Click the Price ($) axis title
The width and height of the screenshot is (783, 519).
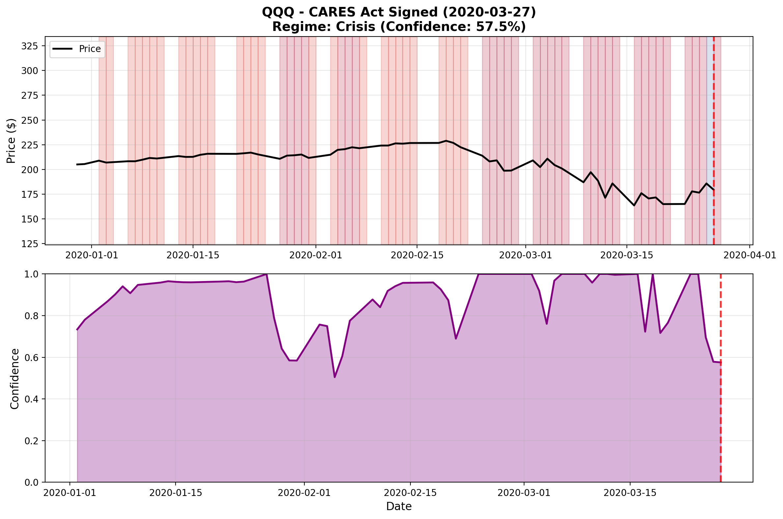[x=11, y=141]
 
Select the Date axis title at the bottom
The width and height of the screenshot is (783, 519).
[x=399, y=506]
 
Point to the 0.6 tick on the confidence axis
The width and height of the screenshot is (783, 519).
[x=32, y=357]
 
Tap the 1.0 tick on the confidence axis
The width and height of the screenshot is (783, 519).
[x=32, y=274]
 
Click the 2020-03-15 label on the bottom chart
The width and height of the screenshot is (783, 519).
[x=629, y=493]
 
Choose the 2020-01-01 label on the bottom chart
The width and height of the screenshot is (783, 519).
[x=70, y=493]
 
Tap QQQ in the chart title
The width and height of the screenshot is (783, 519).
[x=278, y=12]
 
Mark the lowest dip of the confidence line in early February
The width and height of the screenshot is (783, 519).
[x=335, y=377]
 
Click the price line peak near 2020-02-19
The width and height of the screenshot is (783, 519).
[x=446, y=141]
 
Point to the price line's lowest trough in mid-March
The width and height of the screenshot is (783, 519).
[x=634, y=206]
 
